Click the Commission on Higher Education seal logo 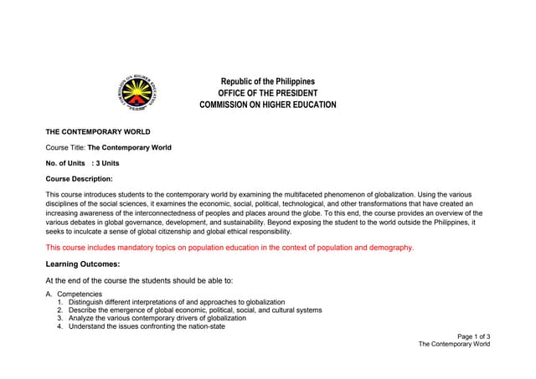coord(137,94)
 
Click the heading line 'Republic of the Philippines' coord(267,81)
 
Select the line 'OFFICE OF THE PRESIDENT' coord(267,93)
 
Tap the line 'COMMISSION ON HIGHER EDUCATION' coord(267,105)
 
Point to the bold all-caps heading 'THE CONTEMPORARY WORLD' coord(98,132)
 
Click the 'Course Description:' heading coord(79,178)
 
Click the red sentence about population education coord(229,248)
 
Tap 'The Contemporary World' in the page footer coord(454,345)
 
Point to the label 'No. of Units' coord(64,162)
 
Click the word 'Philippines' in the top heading coord(293,81)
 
